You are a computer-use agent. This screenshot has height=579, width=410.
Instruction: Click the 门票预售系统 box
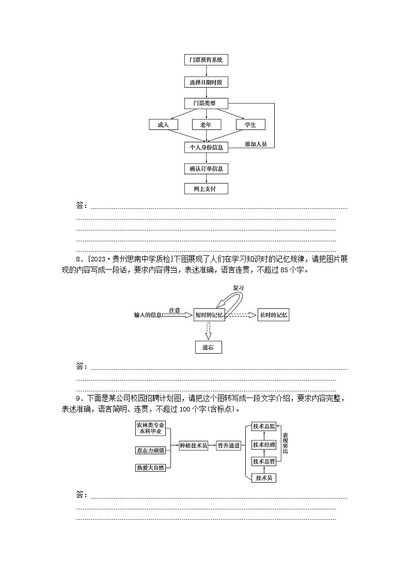pyautogui.click(x=206, y=60)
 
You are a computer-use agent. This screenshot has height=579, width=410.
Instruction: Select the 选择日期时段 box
pyautogui.click(x=206, y=82)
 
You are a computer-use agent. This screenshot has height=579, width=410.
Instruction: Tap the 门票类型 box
pyautogui.click(x=206, y=103)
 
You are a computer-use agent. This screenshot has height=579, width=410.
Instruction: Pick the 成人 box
pyautogui.click(x=163, y=125)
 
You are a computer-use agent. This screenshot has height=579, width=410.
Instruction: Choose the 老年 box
pyautogui.click(x=206, y=125)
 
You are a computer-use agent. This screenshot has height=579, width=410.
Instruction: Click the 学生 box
pyautogui.click(x=250, y=125)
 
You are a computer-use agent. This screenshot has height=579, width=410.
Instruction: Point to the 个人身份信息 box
pyautogui.click(x=206, y=147)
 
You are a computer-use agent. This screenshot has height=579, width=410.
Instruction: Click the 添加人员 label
pyautogui.click(x=256, y=144)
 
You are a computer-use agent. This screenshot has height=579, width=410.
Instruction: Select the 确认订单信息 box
pyautogui.click(x=206, y=168)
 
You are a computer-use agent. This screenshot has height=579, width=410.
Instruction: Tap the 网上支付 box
pyautogui.click(x=206, y=189)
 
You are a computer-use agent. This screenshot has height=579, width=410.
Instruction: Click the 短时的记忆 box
pyautogui.click(x=209, y=315)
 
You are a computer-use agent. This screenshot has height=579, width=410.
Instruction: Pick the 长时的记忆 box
pyautogui.click(x=274, y=315)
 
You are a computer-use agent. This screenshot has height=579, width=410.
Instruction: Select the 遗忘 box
pyautogui.click(x=208, y=348)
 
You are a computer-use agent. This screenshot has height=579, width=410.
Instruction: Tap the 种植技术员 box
pyautogui.click(x=193, y=446)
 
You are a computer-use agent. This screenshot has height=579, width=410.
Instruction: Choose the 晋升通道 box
pyautogui.click(x=229, y=446)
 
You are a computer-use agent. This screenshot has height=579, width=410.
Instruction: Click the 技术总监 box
pyautogui.click(x=264, y=426)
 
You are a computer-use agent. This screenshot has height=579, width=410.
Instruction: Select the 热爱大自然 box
pyautogui.click(x=150, y=468)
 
